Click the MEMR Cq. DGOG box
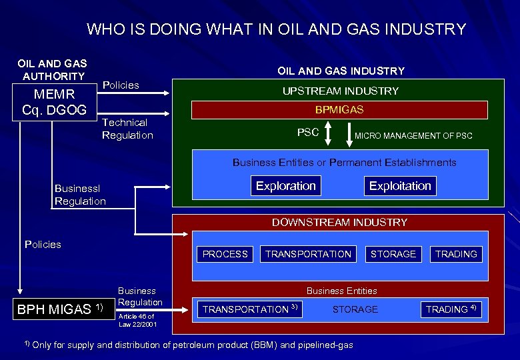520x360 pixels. click(x=55, y=102)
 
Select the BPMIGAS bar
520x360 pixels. click(x=339, y=109)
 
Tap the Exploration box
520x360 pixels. click(x=285, y=185)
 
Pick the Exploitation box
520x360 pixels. click(x=400, y=185)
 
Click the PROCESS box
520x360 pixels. click(x=225, y=254)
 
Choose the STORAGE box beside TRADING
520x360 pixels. click(x=393, y=254)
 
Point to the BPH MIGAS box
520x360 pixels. click(x=60, y=309)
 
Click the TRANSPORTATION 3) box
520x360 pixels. click(x=248, y=309)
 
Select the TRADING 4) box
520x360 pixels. click(x=451, y=309)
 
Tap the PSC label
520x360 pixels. click(x=307, y=133)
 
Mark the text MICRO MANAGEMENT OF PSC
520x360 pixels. click(x=413, y=136)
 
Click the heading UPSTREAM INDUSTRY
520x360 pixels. click(x=339, y=91)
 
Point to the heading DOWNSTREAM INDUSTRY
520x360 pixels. click(x=339, y=222)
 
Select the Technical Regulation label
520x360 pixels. click(x=127, y=129)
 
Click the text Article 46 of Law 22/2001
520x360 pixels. click(x=137, y=320)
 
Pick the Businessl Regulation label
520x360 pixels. click(x=80, y=195)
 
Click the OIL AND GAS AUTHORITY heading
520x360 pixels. click(x=52, y=69)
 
